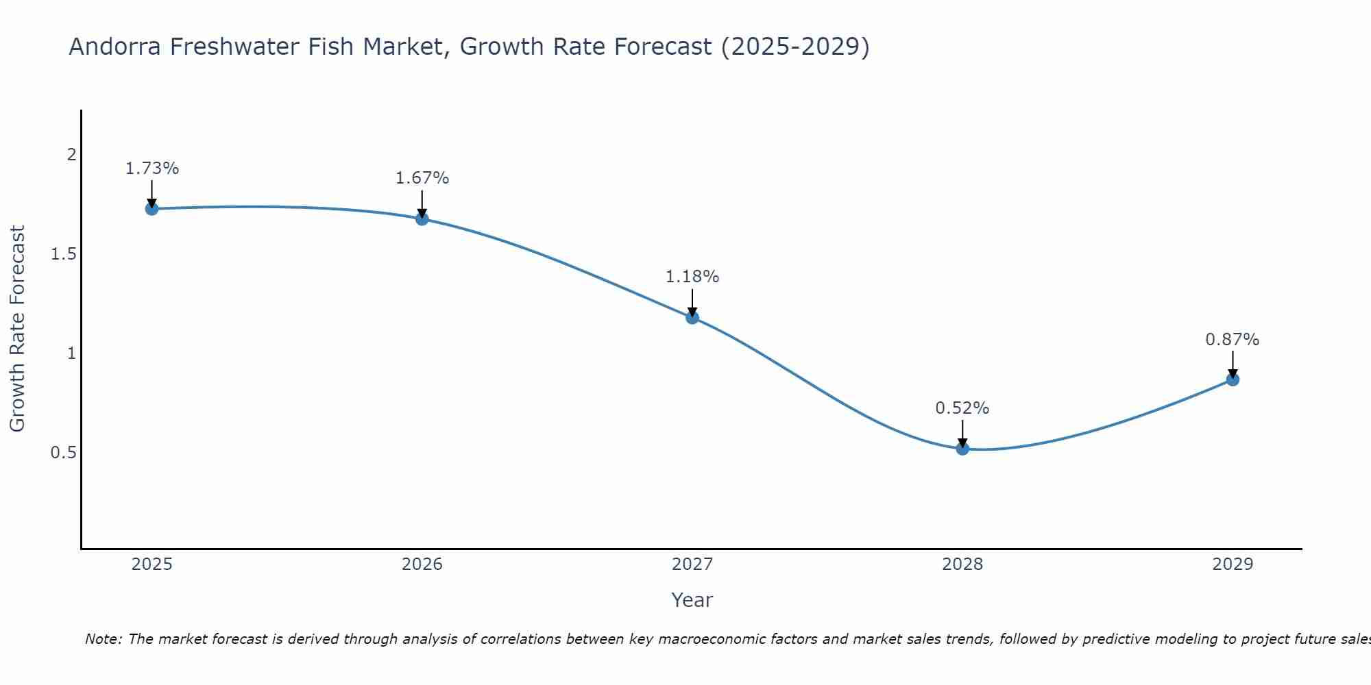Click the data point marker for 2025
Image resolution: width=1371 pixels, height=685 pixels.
(x=151, y=208)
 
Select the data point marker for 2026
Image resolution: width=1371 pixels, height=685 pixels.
(x=422, y=219)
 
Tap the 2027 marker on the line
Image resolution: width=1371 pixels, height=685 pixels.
(x=692, y=317)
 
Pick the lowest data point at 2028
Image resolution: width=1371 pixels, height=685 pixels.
(x=962, y=449)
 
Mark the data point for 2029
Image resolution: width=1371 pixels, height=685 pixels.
(x=1233, y=379)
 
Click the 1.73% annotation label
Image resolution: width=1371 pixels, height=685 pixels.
(x=151, y=169)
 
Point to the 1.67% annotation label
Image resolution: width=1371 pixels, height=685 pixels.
(x=422, y=178)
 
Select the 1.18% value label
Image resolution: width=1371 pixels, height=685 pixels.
(x=692, y=277)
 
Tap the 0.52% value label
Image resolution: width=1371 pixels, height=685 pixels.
(x=962, y=408)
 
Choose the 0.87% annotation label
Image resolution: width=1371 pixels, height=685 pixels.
(x=1233, y=340)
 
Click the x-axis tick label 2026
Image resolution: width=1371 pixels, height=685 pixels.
(x=422, y=564)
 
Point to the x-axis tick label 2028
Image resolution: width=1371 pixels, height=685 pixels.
(x=962, y=564)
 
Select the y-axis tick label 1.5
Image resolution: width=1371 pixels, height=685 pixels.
(x=63, y=254)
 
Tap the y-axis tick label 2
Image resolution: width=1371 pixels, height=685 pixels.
(x=71, y=155)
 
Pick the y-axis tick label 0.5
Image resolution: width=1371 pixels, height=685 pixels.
(x=63, y=453)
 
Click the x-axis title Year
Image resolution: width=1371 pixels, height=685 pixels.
(x=692, y=600)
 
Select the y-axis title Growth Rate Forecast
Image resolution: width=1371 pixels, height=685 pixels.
(x=17, y=329)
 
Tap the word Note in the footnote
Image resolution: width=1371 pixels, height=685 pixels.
(x=103, y=639)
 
